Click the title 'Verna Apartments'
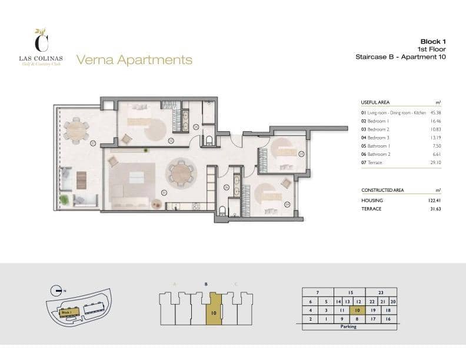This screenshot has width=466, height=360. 134,59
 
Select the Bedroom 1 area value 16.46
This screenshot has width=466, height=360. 436,120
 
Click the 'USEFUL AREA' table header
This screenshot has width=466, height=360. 375,102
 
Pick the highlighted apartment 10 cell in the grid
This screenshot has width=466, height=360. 357,309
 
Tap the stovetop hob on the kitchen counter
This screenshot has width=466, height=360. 176,206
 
